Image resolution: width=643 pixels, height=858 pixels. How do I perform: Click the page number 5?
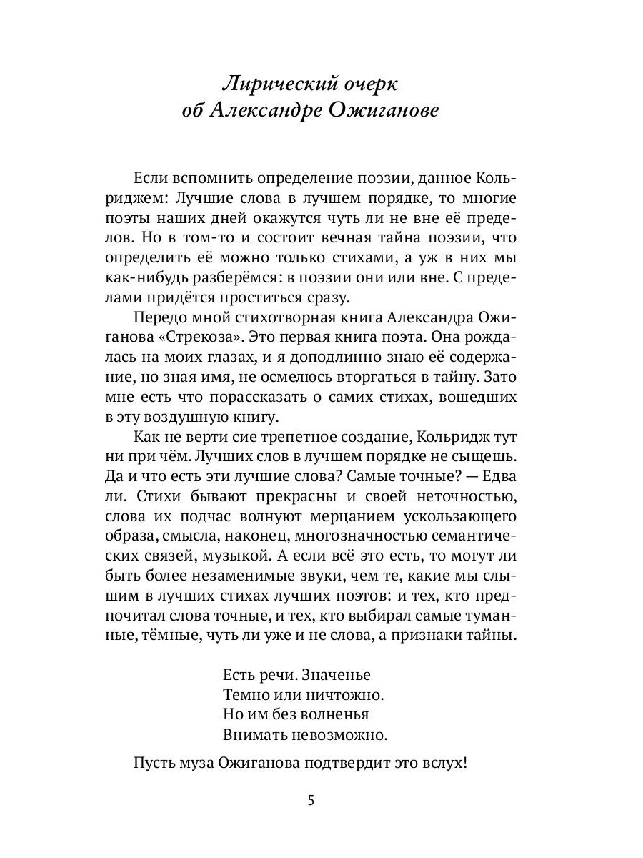click(x=311, y=800)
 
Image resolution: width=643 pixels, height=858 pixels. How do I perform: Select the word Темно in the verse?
click(x=246, y=694)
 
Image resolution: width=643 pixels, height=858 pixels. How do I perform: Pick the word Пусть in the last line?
click(x=153, y=762)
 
